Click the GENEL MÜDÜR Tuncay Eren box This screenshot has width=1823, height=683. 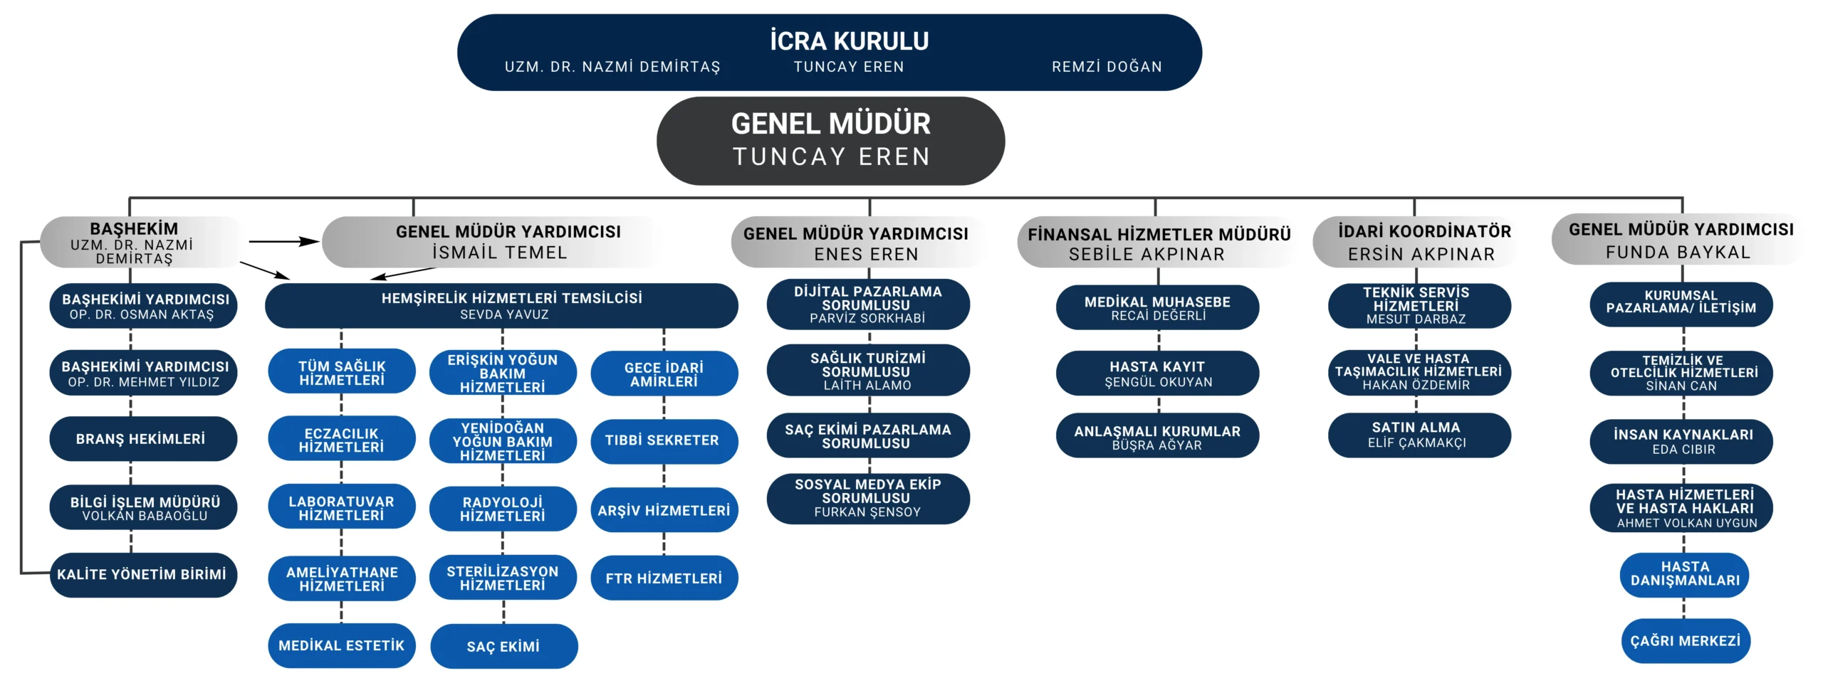830,141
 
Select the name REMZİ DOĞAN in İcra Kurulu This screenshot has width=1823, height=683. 1107,67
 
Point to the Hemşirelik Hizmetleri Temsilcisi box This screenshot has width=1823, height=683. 501,306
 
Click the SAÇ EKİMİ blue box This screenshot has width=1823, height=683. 503,646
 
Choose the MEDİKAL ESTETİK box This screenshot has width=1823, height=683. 342,646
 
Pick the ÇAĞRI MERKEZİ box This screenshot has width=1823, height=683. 1685,641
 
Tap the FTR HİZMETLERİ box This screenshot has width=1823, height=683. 664,578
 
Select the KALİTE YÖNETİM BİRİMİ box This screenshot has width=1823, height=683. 143,575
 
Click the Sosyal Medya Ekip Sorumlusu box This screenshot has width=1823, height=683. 868,499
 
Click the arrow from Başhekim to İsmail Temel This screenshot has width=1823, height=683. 284,242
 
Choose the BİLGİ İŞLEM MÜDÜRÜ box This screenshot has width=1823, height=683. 143,507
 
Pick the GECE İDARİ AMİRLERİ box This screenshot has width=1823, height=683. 664,374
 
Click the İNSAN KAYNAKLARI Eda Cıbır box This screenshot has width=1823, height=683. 1681,441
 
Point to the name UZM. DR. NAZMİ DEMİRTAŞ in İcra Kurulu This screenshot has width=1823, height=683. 612,67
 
